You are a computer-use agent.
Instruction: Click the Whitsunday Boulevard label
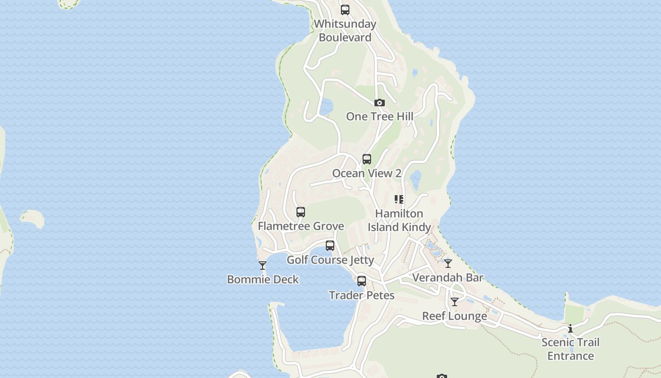click(345, 31)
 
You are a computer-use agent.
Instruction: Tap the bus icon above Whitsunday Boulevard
click(345, 9)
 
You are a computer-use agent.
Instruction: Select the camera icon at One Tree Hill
click(379, 103)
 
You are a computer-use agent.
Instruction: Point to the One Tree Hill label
click(380, 116)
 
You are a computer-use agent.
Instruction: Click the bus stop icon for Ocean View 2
click(367, 159)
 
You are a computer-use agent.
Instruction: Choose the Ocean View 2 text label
click(367, 173)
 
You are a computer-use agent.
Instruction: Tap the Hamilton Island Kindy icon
click(399, 199)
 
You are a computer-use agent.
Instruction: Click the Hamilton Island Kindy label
click(399, 220)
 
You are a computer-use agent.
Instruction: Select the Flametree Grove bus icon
click(301, 212)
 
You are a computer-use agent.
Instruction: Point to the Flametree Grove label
click(301, 226)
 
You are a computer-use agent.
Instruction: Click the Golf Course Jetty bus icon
click(330, 246)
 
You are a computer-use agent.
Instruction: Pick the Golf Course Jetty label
click(330, 260)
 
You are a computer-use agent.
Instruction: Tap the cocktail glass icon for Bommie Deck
click(263, 266)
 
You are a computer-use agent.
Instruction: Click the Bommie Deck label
click(263, 280)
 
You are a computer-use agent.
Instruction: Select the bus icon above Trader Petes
click(362, 281)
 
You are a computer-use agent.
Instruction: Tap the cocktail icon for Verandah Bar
click(448, 264)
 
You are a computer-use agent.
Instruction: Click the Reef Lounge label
click(454, 316)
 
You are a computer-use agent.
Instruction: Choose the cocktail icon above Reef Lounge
click(455, 302)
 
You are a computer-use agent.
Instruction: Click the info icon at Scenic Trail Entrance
click(570, 328)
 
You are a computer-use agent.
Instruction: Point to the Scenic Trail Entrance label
click(570, 349)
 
